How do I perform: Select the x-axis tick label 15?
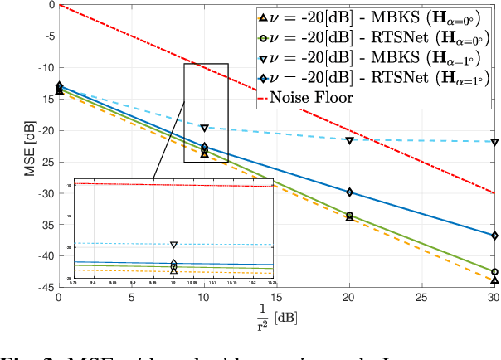tap(276, 297)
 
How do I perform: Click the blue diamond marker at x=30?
tap(494, 236)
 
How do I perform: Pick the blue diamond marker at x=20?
tap(349, 192)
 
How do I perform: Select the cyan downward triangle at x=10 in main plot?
tap(204, 129)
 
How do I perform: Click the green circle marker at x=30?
tap(494, 271)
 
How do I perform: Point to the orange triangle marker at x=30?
tap(494, 280)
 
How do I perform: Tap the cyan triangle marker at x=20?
tap(349, 141)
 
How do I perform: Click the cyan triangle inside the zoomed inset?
tap(174, 245)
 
